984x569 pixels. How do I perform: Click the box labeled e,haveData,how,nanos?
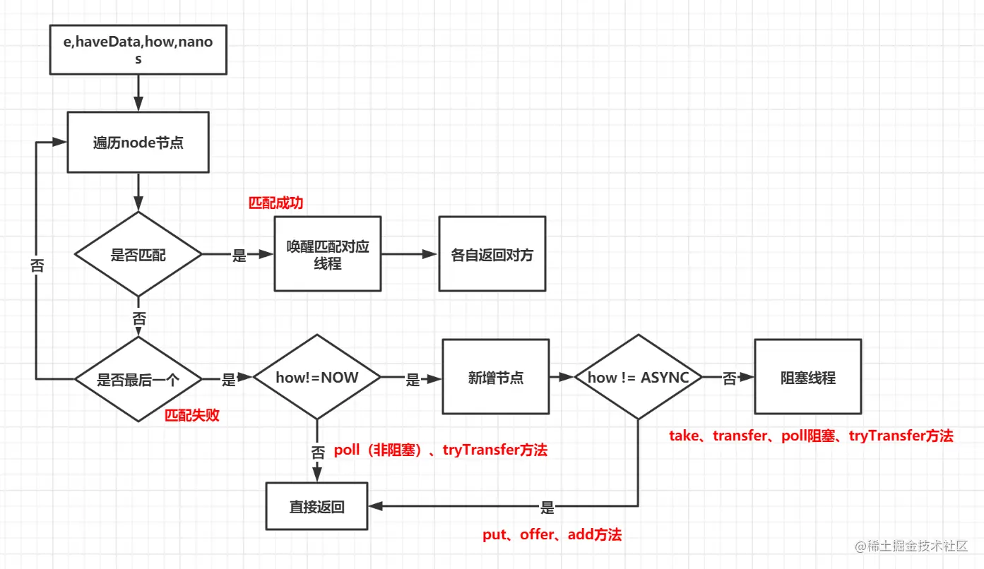point(138,50)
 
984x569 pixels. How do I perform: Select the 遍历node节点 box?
point(138,142)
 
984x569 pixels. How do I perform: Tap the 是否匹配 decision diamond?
point(138,254)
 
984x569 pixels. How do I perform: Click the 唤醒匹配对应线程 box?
point(327,254)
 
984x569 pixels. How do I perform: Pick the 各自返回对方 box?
point(492,254)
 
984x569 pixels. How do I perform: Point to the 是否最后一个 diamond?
point(138,379)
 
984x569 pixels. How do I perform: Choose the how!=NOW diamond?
point(317,378)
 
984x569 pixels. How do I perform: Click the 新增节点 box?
point(495,377)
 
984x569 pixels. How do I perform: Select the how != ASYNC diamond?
point(638,378)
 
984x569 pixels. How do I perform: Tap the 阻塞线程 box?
point(807,377)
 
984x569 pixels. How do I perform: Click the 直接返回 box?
point(316,506)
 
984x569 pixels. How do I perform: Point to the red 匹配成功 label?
point(275,203)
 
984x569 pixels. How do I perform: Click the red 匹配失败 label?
point(192,415)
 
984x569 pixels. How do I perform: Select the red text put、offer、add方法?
point(552,535)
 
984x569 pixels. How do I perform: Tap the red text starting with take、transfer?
point(811,436)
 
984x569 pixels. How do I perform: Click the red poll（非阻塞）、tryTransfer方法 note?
point(440,450)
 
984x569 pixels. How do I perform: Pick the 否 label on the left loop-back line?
point(36,265)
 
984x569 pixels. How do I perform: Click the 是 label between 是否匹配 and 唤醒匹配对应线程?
point(239,256)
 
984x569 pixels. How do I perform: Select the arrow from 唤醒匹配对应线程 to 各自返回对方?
point(410,254)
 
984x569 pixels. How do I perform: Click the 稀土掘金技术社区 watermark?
point(915,546)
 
